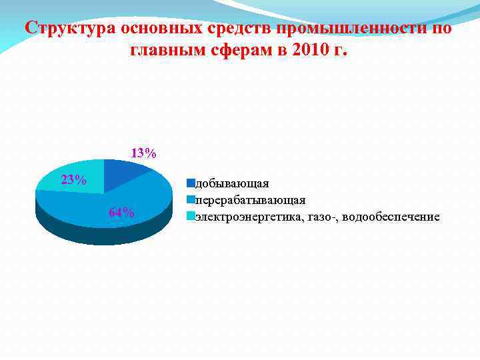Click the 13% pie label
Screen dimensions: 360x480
(143, 153)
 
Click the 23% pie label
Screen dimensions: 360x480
(73, 180)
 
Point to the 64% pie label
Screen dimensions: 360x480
(121, 213)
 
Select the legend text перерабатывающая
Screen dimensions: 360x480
(250, 200)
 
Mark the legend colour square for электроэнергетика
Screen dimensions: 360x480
(190, 216)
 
